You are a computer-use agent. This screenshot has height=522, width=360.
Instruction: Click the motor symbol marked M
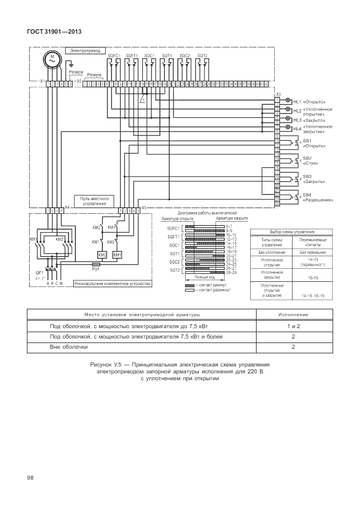point(51,59)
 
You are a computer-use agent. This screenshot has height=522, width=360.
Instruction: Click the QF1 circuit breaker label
point(39,273)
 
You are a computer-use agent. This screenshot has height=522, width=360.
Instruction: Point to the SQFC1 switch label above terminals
point(114,55)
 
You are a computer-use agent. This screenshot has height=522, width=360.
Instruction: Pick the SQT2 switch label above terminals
point(202,55)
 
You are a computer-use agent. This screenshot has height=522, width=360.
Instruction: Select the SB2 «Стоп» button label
point(309,161)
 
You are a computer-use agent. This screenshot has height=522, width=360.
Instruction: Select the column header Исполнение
point(293,314)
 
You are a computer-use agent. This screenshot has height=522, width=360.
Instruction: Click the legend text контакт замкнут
point(215,284)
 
